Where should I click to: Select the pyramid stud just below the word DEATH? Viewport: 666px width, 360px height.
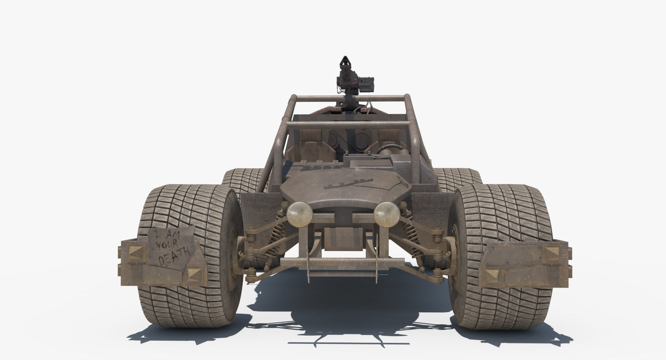coord(194,273)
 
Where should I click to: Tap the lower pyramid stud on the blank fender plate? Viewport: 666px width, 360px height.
coord(492,275)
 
